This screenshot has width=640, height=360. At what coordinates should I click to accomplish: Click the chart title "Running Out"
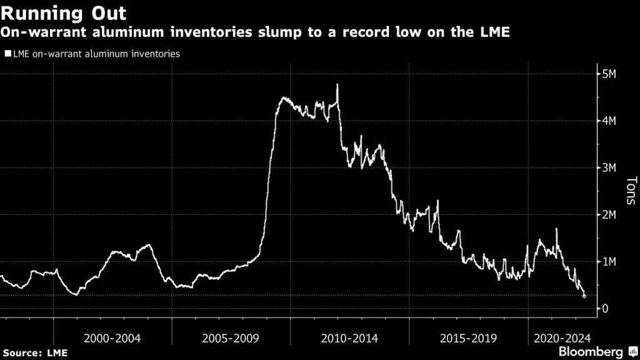click(x=65, y=12)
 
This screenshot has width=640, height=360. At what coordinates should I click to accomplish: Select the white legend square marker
click(x=7, y=54)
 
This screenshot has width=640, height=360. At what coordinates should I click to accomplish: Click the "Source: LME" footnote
click(x=34, y=353)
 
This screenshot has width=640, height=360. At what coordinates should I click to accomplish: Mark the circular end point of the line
click(x=584, y=296)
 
